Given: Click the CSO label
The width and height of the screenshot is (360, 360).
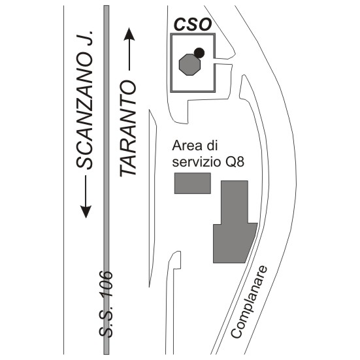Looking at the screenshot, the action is click(x=192, y=25).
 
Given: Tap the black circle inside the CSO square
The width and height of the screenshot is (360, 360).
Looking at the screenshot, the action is click(x=199, y=53).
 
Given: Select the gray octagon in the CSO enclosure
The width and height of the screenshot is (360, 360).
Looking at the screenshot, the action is click(x=189, y=65).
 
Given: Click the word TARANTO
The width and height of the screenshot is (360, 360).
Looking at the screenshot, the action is click(x=128, y=129).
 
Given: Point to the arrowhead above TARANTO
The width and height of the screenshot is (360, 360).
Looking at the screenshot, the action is click(x=129, y=34).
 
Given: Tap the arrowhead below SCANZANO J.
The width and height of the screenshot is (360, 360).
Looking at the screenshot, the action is click(x=86, y=212).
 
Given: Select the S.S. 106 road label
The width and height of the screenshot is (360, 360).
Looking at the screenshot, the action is click(x=106, y=305).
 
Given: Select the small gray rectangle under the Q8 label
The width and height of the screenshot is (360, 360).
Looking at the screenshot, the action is click(x=193, y=183).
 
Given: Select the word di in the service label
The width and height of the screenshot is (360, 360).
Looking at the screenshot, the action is click(x=212, y=146).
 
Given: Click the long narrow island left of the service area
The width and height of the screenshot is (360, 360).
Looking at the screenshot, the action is click(x=152, y=197).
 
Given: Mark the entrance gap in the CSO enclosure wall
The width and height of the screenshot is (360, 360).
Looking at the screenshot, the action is click(x=215, y=61).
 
